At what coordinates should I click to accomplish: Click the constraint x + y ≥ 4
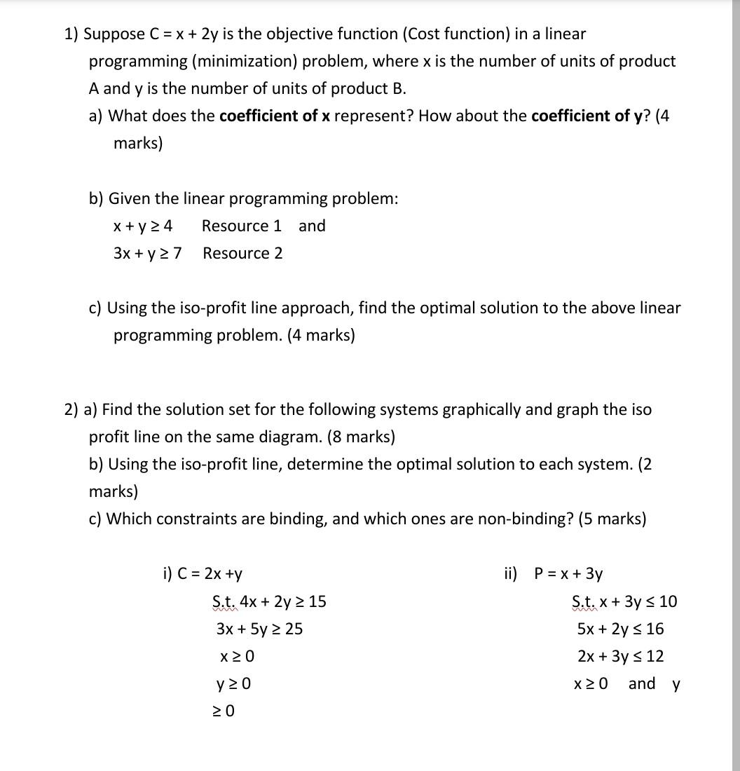coord(143,226)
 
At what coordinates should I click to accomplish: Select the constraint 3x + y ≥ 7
coord(147,253)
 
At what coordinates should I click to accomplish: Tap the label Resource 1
coord(242,226)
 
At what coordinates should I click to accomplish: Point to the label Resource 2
coord(242,253)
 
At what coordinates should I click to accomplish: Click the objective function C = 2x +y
coord(203,573)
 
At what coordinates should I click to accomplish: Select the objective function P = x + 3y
coord(568,573)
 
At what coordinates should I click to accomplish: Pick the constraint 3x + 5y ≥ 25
coord(260,629)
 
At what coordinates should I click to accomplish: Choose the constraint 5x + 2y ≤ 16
coord(620,629)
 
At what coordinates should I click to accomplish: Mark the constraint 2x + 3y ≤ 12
coord(620,656)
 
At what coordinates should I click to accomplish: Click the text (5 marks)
coord(612,519)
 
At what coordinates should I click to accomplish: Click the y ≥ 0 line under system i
coord(234,683)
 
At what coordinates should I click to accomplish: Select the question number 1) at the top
coord(71,34)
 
